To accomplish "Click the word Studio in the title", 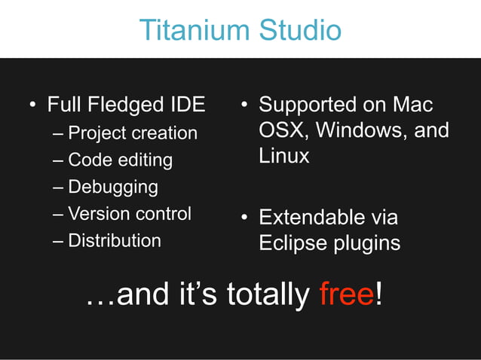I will [299, 30].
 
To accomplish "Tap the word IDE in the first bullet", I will [187, 105].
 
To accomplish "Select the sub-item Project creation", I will [133, 133].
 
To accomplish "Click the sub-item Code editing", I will [120, 160].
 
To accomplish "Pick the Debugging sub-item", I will [113, 187].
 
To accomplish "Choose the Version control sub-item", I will [130, 214].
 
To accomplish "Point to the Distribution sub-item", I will [115, 241].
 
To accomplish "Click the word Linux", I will [284, 156].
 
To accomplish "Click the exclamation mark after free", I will [378, 294].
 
